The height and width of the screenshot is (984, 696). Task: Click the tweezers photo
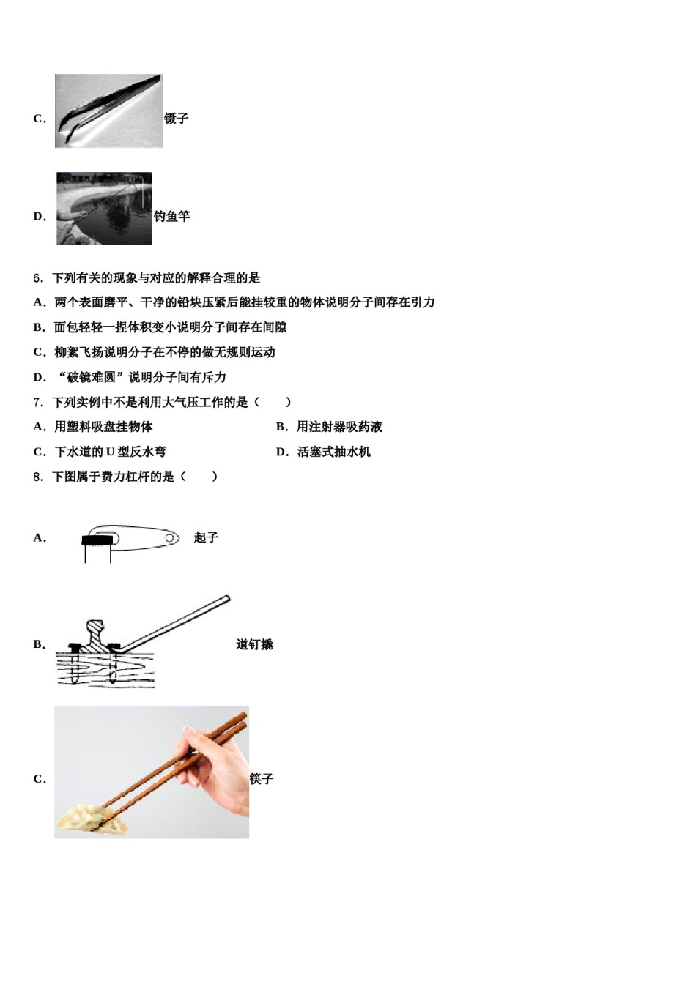click(x=108, y=111)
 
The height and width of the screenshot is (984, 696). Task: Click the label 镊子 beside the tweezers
click(x=176, y=119)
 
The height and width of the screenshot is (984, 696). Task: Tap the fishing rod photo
click(x=104, y=209)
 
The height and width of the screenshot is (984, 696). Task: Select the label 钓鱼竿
click(x=171, y=216)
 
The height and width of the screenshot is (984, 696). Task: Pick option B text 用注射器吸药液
click(x=338, y=427)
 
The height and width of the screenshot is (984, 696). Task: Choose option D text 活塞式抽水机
click(x=333, y=452)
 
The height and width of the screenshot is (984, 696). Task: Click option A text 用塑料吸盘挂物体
click(x=103, y=427)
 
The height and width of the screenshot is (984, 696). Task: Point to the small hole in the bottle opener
click(x=169, y=538)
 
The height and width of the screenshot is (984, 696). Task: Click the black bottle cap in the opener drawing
click(x=100, y=541)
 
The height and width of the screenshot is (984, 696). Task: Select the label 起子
click(x=206, y=538)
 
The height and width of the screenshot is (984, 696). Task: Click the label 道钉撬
click(x=254, y=644)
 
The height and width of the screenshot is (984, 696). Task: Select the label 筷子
click(x=261, y=779)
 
